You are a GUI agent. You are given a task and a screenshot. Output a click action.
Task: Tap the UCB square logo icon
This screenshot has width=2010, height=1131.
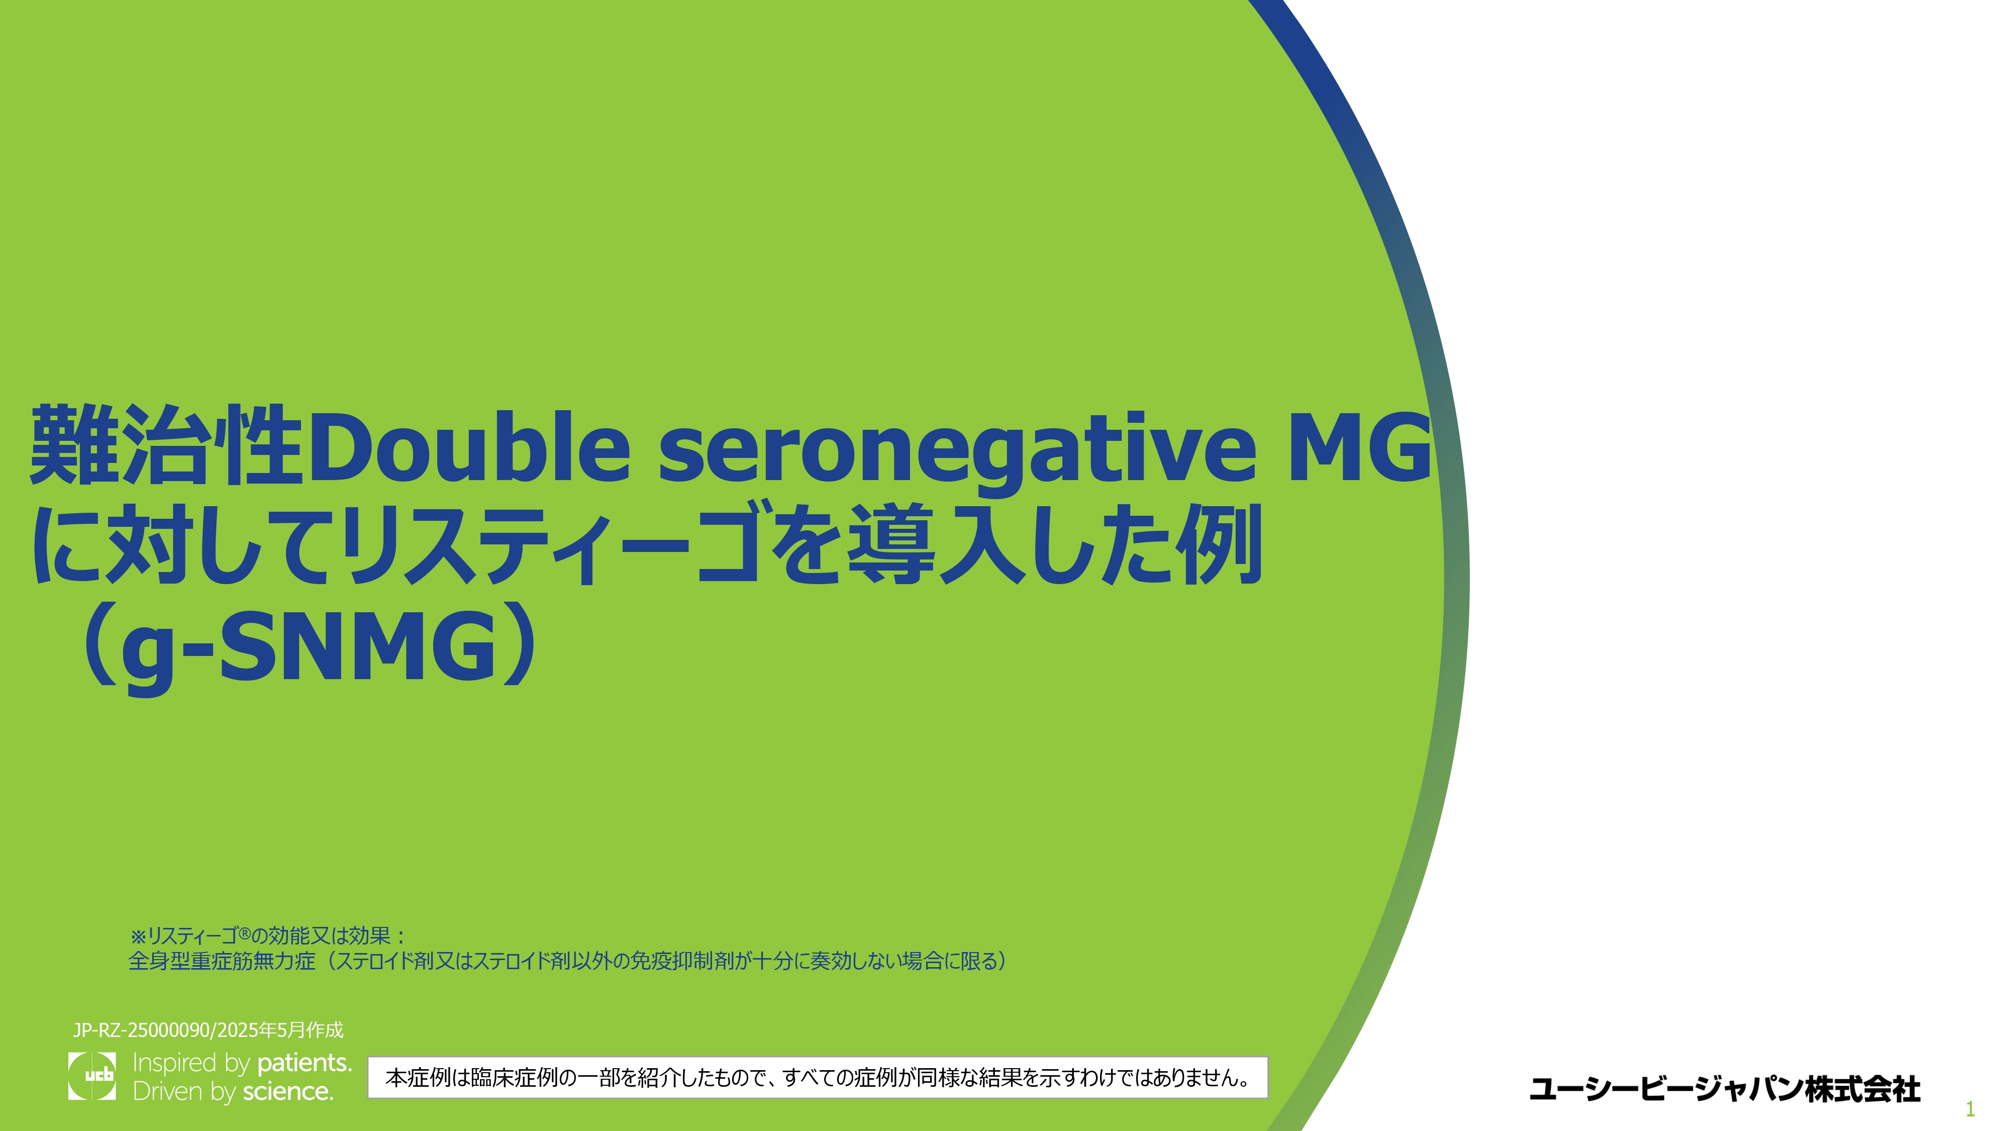[92, 1076]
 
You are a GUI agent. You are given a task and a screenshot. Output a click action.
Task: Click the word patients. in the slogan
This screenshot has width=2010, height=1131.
[305, 1063]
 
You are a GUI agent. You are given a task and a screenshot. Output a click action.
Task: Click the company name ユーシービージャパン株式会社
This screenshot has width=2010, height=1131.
[1725, 1089]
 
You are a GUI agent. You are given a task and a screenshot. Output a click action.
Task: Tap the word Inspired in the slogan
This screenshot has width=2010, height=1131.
[174, 1064]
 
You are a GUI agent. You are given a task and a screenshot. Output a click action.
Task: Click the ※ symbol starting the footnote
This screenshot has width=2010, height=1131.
[138, 936]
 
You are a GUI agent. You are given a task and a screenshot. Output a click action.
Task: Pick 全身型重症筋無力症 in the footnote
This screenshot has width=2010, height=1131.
[222, 961]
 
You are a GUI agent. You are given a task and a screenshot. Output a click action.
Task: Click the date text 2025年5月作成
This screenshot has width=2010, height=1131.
[280, 1030]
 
